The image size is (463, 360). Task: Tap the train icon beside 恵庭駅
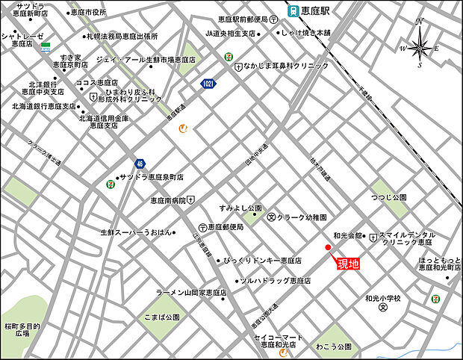click(x=294, y=12)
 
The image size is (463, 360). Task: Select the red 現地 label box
click(x=347, y=263)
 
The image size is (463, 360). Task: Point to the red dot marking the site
click(x=328, y=247)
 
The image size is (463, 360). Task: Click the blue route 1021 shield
click(x=207, y=85)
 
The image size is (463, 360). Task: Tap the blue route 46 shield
click(x=140, y=164)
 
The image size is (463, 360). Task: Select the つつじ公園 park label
click(x=388, y=197)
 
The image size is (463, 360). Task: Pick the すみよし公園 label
click(x=240, y=208)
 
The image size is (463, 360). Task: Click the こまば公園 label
click(x=162, y=317)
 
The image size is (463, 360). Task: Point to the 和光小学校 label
click(x=383, y=298)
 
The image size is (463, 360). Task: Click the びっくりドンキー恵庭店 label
click(x=262, y=261)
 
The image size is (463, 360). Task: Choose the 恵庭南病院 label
click(x=167, y=199)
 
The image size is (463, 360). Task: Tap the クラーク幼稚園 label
click(x=302, y=217)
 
